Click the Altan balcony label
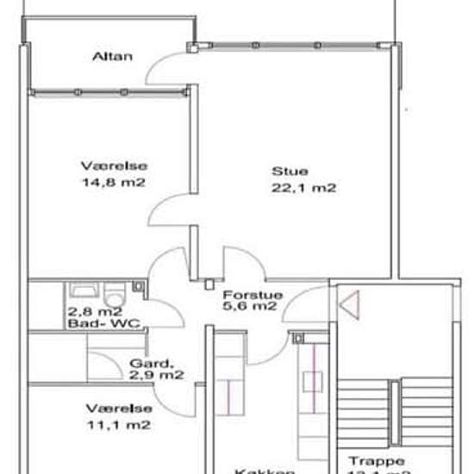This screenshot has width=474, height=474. click(x=113, y=57)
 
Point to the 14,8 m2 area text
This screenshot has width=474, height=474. click(x=111, y=182)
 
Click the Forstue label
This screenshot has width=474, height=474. click(x=245, y=292)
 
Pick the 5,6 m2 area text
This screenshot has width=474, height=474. click(x=249, y=305)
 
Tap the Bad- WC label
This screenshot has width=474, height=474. click(x=104, y=324)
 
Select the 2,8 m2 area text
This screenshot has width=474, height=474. click(x=94, y=312)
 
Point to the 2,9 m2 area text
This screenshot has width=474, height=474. click(x=156, y=376)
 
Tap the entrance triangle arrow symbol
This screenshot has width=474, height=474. click(x=348, y=304)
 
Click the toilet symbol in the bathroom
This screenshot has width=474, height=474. click(x=115, y=291)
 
